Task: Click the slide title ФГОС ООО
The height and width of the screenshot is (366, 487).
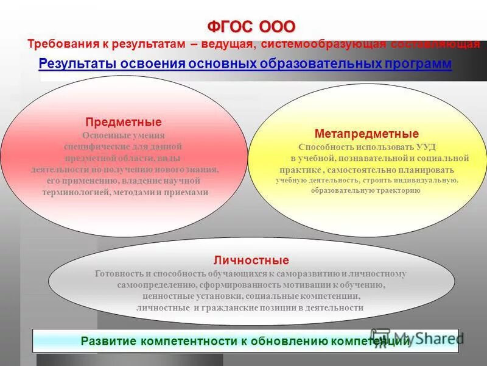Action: [251, 27]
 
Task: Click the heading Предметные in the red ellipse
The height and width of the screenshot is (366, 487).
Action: [123, 123]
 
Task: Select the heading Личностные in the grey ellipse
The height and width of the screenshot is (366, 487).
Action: [251, 260]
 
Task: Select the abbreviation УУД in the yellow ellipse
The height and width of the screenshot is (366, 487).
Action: [426, 148]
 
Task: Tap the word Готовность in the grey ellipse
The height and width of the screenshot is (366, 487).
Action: [118, 274]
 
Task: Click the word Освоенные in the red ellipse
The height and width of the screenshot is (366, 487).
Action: [104, 135]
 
